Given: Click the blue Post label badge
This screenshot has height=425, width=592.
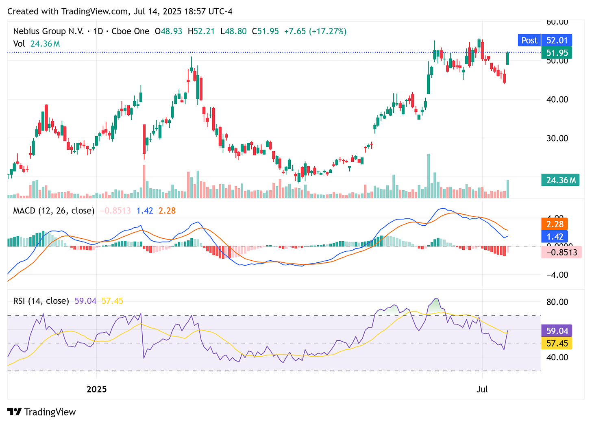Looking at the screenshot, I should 529,40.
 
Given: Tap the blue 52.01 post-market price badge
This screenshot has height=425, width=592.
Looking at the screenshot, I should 557,40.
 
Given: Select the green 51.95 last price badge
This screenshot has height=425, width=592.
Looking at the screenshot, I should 557,53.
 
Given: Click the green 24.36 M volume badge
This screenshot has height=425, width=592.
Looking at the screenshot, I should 561,180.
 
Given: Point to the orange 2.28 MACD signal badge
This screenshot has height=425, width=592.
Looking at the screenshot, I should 555,224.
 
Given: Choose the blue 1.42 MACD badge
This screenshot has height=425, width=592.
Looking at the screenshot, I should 555,237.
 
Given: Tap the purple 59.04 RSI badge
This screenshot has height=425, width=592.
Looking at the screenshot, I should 557,331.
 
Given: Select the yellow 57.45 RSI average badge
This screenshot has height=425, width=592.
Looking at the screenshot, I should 557,344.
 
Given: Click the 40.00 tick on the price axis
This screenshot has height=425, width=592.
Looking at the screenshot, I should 557,99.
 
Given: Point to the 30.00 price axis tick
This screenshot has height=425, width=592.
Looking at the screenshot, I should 557,138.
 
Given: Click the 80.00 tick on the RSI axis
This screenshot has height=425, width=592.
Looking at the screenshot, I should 557,302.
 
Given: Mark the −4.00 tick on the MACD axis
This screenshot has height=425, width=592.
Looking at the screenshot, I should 557,275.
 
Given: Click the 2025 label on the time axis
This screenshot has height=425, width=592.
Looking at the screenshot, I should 97,389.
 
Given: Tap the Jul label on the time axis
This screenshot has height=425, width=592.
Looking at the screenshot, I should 482,389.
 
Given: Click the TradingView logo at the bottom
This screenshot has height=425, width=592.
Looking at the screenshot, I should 41,412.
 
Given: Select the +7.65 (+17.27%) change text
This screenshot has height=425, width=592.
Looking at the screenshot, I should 315,31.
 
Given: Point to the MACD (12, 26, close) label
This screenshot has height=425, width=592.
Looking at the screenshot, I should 54,211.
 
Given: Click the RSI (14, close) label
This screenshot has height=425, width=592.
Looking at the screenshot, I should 41,301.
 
